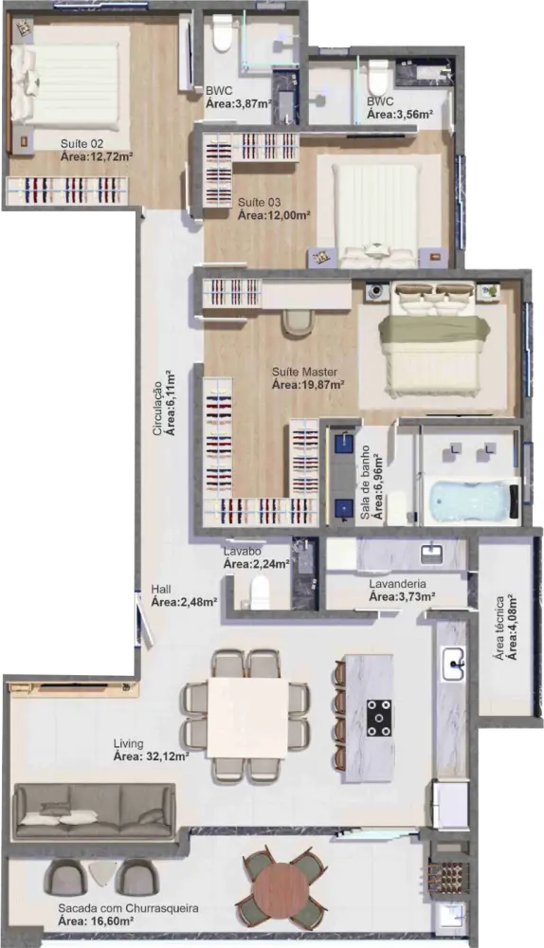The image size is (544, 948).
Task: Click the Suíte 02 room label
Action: pyautogui.click(x=82, y=144)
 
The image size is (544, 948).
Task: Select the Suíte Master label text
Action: pyautogui.click(x=304, y=372)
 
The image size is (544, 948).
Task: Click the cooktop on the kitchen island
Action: pyautogui.click(x=378, y=718)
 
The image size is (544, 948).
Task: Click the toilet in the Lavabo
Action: pyautogui.click(x=260, y=592)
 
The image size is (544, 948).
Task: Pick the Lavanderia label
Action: pyautogui.click(x=397, y=584)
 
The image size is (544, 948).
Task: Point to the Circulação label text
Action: pyautogui.click(x=157, y=408)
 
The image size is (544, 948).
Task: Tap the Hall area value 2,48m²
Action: pyautogui.click(x=185, y=602)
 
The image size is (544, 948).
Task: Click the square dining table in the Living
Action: pyautogui.click(x=247, y=717)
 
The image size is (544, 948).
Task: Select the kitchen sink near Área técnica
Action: pyautogui.click(x=453, y=664)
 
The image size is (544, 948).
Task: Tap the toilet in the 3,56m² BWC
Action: pyautogui.click(x=378, y=76)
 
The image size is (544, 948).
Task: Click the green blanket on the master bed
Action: pyautogui.click(x=433, y=331)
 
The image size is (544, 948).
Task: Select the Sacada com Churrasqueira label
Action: pyautogui.click(x=128, y=908)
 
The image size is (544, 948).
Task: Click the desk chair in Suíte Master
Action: pyautogui.click(x=298, y=321)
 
